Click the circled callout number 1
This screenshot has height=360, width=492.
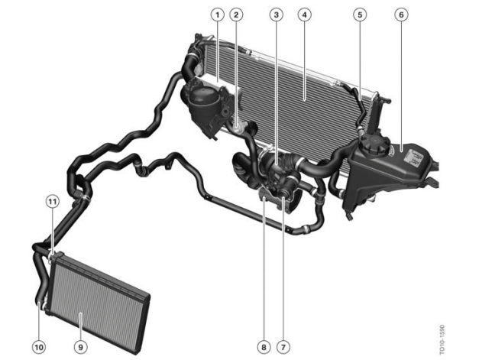(218, 15)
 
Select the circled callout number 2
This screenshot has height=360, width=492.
(236, 15)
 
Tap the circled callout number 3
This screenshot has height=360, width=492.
(276, 15)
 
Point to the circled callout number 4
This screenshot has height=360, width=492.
(304, 15)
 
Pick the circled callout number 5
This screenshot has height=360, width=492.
(360, 15)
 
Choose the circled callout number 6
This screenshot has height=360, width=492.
(401, 15)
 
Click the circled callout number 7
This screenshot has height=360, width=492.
(283, 347)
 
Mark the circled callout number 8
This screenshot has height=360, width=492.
(264, 347)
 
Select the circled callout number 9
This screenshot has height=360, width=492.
(81, 347)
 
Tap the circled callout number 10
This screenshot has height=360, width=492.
(39, 347)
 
